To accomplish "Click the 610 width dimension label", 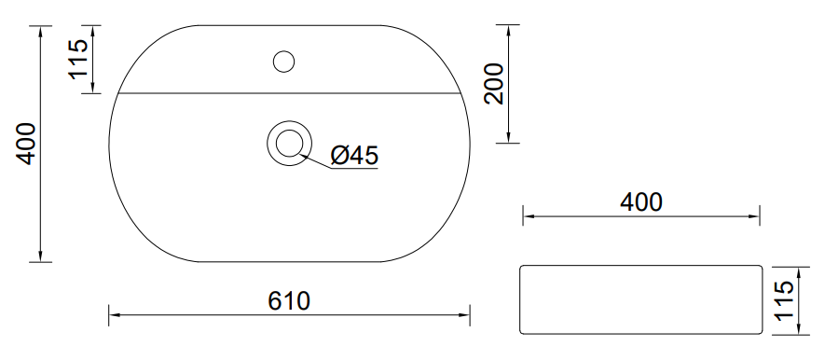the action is pos(289,301).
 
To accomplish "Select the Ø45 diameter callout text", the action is pos(354,155).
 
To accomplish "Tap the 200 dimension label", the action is pos(495,84).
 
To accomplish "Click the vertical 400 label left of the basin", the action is pos(26,144).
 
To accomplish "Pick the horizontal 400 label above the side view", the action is pos(640,202).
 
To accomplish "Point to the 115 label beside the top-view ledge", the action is pos(78,59).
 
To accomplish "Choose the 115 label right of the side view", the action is pos(784,300).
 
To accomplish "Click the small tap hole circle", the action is pos(283,62).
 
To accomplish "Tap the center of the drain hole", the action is pos(289,143).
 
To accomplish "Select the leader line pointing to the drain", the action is pos(316,161).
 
